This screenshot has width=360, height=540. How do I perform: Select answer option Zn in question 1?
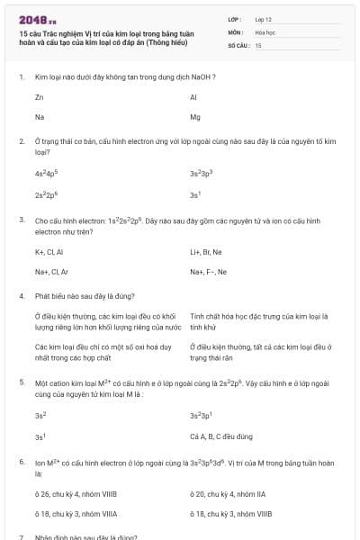click(x=39, y=96)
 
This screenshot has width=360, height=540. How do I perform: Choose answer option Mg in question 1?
click(x=195, y=117)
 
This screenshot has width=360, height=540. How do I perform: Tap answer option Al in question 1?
click(x=193, y=96)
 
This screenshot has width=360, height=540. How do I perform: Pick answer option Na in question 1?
click(x=39, y=117)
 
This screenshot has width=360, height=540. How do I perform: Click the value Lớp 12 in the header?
click(x=263, y=18)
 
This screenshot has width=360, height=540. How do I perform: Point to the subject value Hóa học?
click(x=265, y=31)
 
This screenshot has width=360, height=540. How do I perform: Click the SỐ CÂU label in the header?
click(x=238, y=44)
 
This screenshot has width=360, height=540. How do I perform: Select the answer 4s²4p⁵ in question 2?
click(x=46, y=173)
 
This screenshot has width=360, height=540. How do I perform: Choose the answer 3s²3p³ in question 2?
click(x=202, y=173)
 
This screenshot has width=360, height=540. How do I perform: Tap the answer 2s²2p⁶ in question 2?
click(x=46, y=194)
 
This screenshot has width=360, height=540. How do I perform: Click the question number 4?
click(x=21, y=295)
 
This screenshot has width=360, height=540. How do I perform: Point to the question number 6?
click(x=21, y=462)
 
